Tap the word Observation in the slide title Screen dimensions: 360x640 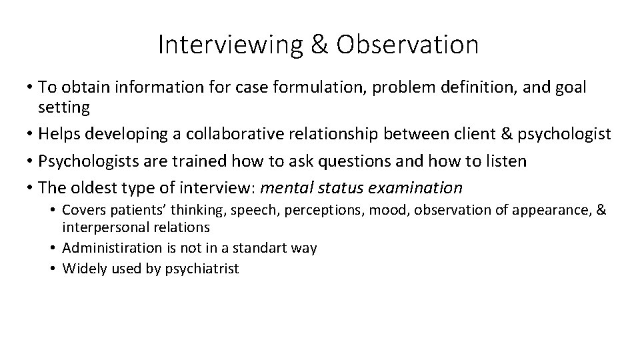pyautogui.click(x=407, y=45)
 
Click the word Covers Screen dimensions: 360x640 pyautogui.click(x=83, y=211)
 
